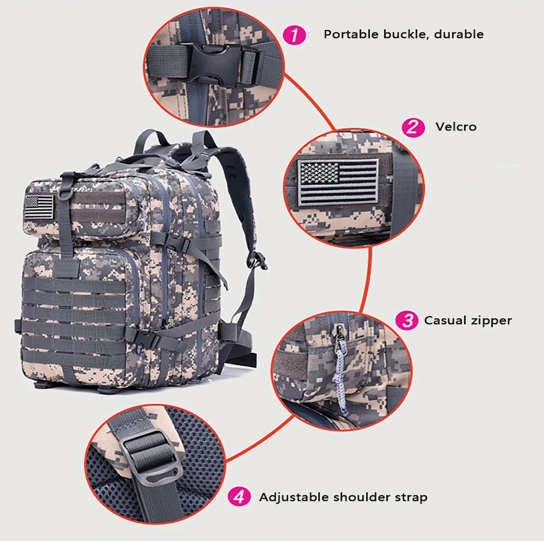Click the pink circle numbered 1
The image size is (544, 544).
click(x=294, y=35)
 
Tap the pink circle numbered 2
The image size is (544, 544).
click(x=413, y=127)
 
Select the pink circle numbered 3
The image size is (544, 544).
click(x=406, y=320)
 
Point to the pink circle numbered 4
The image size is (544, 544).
click(x=239, y=497)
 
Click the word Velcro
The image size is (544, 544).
click(x=456, y=127)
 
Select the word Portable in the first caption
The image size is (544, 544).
click(x=351, y=34)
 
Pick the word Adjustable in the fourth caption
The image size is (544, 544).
click(x=294, y=497)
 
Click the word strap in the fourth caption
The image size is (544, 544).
click(x=411, y=498)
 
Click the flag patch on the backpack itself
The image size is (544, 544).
click(x=40, y=207)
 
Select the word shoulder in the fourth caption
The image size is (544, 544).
click(x=361, y=497)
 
